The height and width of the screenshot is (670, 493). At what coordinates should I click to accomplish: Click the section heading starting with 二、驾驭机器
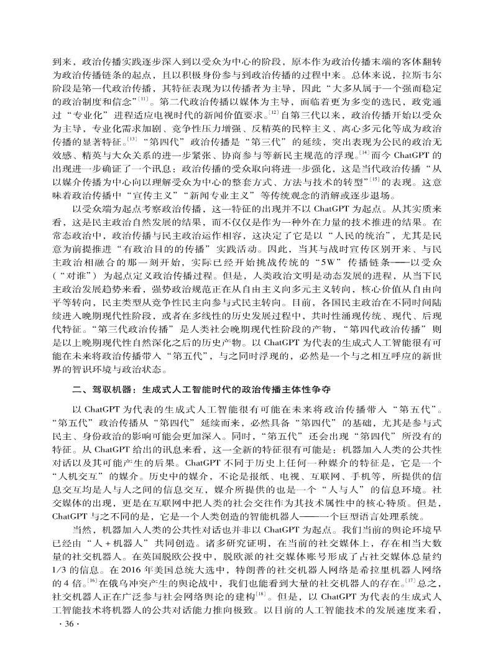(x=201, y=386)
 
